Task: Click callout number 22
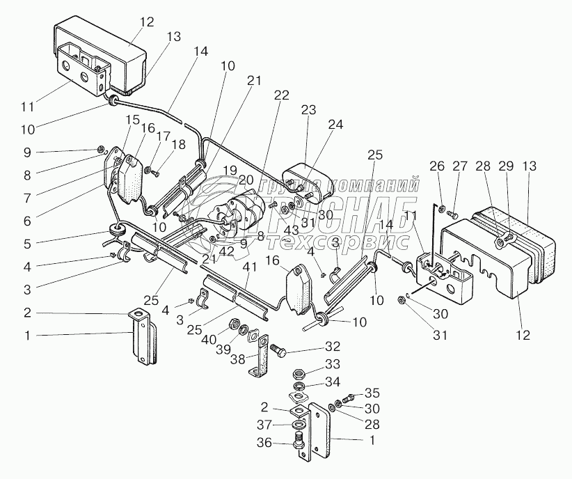[x=282, y=95]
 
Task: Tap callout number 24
[x=336, y=125]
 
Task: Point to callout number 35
[x=372, y=392]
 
